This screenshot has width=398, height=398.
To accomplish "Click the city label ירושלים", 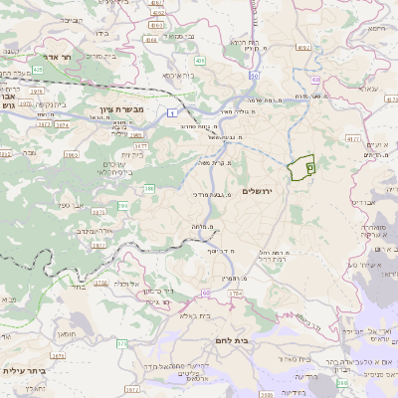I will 258,191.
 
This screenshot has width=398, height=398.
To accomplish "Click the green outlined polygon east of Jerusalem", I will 299,168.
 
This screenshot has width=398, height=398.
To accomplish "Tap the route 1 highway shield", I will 171,112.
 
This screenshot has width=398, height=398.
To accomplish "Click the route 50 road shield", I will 255,76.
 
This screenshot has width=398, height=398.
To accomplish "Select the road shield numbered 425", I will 37,70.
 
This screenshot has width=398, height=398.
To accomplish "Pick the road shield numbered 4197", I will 302,47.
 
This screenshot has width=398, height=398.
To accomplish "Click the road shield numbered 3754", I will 235,295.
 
